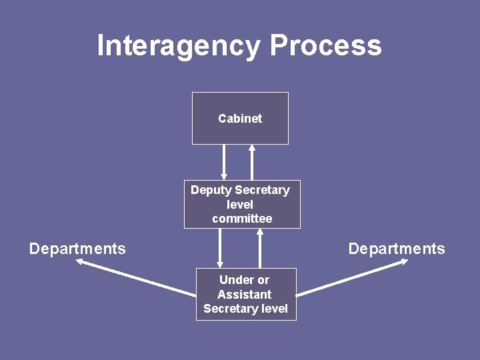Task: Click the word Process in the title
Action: (x=325, y=46)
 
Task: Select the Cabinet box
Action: (x=240, y=118)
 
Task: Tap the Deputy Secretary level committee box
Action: (x=242, y=204)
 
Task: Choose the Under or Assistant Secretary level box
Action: (x=245, y=294)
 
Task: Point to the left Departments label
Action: (x=77, y=249)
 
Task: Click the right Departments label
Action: (x=397, y=249)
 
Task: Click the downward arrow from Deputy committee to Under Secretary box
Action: (x=219, y=248)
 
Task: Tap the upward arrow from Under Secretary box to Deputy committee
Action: (x=260, y=248)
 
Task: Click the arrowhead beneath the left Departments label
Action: (x=80, y=262)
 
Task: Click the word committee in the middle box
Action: (x=242, y=219)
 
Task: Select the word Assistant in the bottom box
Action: (x=244, y=294)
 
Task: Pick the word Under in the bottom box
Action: (x=233, y=280)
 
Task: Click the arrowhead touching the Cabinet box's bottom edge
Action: (x=252, y=148)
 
